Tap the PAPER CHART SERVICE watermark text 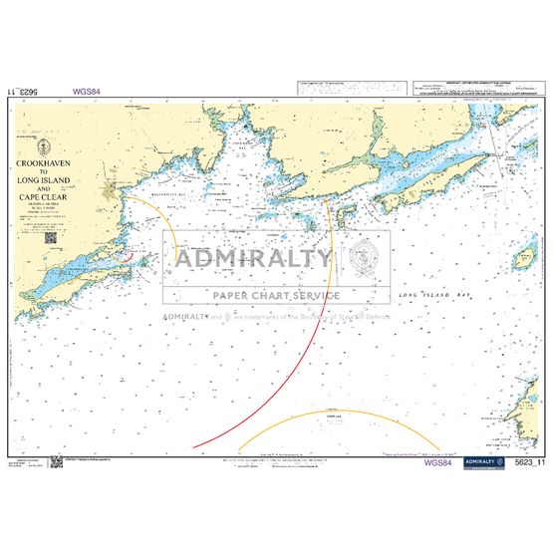(275, 295)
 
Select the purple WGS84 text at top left (87, 91)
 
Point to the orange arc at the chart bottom (339, 415)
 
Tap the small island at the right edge (524, 258)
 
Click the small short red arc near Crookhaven (119, 257)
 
